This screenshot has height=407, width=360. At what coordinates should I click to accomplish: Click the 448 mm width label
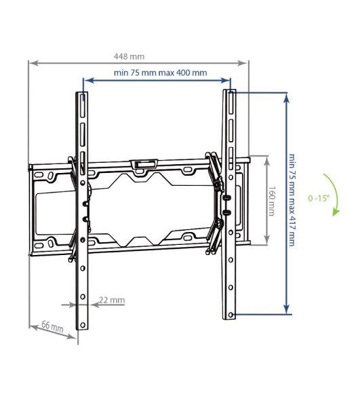click(x=129, y=56)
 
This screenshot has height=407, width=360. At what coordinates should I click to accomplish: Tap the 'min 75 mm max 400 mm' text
click(x=161, y=73)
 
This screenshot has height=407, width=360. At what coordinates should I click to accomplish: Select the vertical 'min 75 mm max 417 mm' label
click(x=292, y=200)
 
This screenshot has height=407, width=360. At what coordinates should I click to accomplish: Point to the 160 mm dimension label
click(x=271, y=201)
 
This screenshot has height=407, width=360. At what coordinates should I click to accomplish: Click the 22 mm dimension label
click(x=112, y=300)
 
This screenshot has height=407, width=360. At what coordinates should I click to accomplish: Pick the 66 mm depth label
click(x=52, y=326)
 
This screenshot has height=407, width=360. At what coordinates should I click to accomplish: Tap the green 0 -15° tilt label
click(x=319, y=198)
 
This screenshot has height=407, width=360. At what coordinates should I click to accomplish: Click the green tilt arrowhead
click(x=336, y=212)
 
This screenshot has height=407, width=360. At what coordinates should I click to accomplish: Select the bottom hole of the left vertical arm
click(x=83, y=325)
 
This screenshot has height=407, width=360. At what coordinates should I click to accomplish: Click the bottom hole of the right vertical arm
click(x=231, y=315)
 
